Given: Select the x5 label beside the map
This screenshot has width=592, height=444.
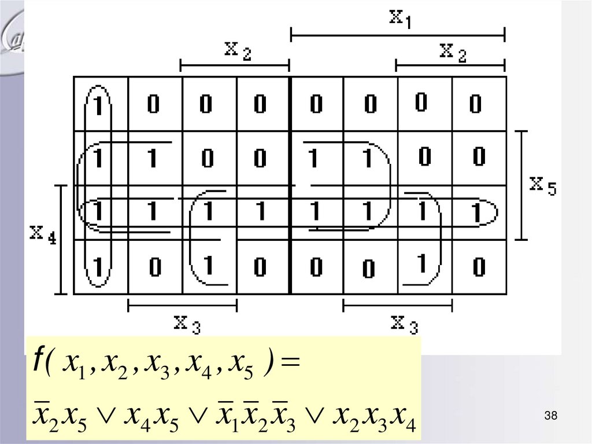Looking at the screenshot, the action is tap(543, 186).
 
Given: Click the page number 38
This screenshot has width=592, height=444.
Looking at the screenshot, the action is tap(550, 416).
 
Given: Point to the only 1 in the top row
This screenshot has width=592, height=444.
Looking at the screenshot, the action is tap(98, 104).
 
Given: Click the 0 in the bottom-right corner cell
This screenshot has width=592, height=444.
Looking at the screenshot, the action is tap(478, 267).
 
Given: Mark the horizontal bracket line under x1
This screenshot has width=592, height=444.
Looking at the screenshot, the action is tap(397, 35).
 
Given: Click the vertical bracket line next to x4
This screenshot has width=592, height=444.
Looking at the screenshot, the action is tap(61, 238).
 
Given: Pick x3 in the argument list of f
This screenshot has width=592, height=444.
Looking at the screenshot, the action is tap(156, 365).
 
